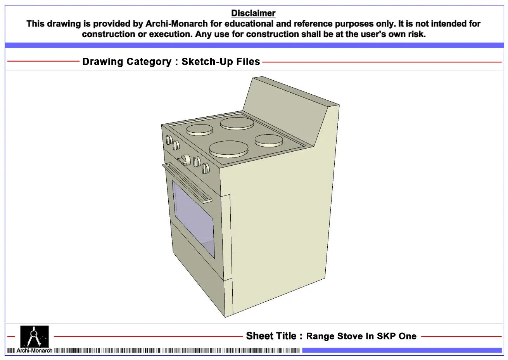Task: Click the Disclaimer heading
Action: click(253, 13)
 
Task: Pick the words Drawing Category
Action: click(127, 62)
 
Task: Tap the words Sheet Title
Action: click(271, 336)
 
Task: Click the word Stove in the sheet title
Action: click(351, 336)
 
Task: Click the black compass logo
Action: click(35, 336)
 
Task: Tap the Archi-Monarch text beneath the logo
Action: click(34, 350)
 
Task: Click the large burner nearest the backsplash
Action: click(237, 124)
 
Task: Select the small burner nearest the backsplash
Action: click(269, 140)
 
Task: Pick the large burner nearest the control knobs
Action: click(229, 149)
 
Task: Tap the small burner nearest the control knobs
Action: click(200, 130)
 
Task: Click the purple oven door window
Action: click(193, 219)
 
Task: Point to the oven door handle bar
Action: click(187, 183)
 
